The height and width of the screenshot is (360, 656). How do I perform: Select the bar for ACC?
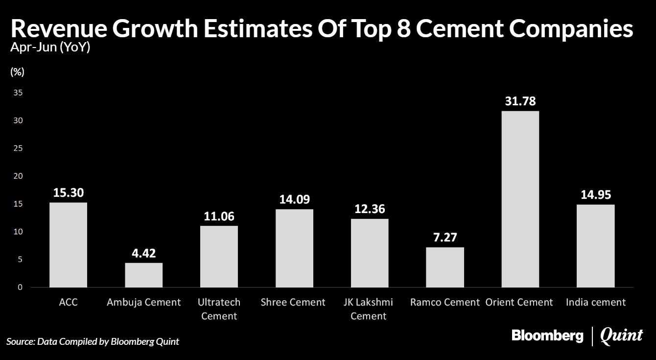(x=68, y=245)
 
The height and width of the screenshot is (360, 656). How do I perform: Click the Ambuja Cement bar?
(x=143, y=275)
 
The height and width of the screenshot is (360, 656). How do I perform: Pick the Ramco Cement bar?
(x=445, y=267)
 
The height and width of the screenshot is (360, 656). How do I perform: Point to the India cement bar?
(x=595, y=246)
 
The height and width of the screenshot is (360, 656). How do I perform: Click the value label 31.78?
(x=520, y=102)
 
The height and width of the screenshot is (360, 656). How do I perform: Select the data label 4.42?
(x=143, y=254)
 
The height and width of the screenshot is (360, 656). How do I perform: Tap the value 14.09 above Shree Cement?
(x=294, y=200)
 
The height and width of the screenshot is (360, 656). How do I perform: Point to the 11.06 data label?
(x=219, y=216)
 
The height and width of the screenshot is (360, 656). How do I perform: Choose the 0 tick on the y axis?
(x=20, y=288)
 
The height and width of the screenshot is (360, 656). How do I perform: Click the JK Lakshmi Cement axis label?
(x=369, y=309)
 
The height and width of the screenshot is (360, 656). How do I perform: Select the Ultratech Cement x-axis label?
(x=219, y=309)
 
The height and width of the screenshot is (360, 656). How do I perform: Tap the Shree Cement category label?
(x=293, y=302)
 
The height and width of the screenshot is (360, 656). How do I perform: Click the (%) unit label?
(x=17, y=72)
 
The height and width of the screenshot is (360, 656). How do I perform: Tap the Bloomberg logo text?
(x=547, y=336)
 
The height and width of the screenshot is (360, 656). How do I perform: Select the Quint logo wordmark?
(x=621, y=336)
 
